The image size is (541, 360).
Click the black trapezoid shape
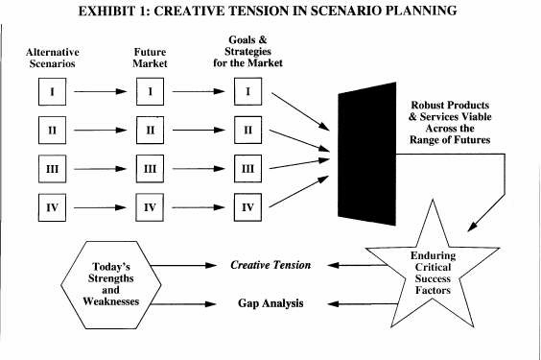click(366, 154)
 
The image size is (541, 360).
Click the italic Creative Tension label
click(270, 265)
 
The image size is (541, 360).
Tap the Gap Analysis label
click(270, 303)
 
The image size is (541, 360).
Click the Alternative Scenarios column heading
click(53, 58)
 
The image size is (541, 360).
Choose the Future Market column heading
click(150, 58)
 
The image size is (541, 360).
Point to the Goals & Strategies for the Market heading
click(247, 51)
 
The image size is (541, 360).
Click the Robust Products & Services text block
click(450, 122)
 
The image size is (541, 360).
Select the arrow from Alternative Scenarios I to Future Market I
click(101, 91)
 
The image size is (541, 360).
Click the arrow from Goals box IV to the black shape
click(298, 191)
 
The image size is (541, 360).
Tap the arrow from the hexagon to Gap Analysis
click(183, 304)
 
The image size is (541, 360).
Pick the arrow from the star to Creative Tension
click(357, 265)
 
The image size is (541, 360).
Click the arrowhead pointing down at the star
click(472, 227)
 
